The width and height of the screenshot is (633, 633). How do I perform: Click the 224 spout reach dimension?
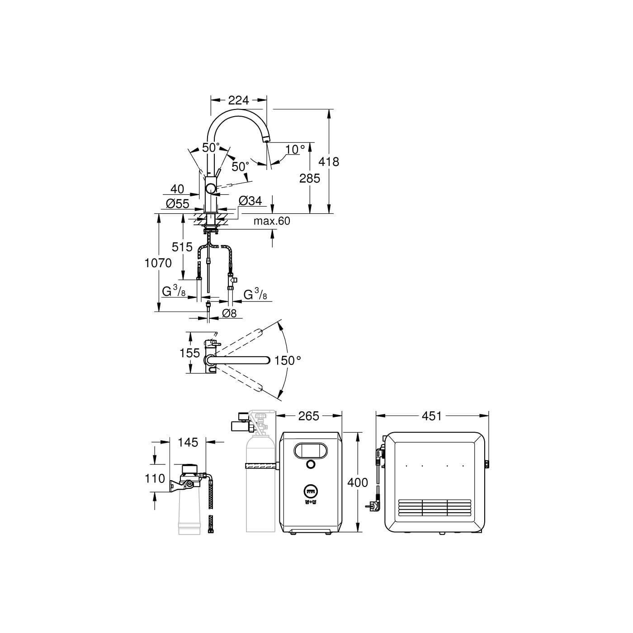pos(239,100)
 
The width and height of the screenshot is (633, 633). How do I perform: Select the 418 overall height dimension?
pos(329,161)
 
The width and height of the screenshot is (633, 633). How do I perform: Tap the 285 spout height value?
pos(310,178)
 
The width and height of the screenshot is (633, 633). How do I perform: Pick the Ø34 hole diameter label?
pos(250,201)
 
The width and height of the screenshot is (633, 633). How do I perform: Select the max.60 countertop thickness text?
pos(272,221)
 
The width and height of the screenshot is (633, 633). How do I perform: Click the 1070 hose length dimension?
pos(158,263)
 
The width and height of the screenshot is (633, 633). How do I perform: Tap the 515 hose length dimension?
pos(182,247)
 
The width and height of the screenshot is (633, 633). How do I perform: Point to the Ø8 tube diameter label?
pos(229,313)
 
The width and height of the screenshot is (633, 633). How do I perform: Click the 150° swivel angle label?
pos(288,360)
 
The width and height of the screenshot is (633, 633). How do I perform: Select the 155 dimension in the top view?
pos(189,353)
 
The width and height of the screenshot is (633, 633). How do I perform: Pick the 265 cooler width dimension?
pos(309,416)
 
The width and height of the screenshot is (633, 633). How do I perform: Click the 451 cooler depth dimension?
pos(432,416)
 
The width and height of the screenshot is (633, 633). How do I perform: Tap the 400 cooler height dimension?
pos(358,483)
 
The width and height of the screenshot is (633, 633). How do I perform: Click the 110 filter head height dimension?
pos(155,478)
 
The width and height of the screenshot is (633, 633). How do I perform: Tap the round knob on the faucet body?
pos(211,189)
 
